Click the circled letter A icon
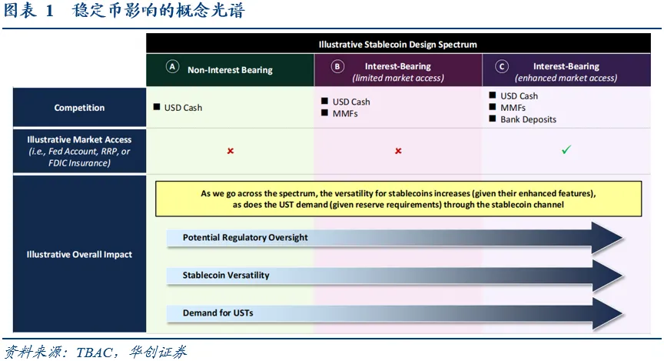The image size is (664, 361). point(172,67)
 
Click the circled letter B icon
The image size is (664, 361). point(337,67)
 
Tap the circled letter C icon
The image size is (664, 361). point(502,67)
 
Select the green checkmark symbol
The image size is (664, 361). point(566,150)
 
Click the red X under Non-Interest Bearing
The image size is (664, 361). point(231,151)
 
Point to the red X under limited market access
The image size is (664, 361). point(398,151)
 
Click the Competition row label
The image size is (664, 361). point(79,108)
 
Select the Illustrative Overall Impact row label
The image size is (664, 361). point(79,254)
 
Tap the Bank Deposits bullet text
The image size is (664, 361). point(528,119)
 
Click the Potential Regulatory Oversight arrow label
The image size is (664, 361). point(245,237)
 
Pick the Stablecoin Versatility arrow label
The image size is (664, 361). point(226,275)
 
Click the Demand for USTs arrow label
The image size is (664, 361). point(217,313)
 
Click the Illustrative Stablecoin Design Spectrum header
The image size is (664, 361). point(397,45)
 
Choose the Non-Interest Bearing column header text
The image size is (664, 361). point(230,70)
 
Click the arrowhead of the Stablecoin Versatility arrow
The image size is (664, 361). point(607,276)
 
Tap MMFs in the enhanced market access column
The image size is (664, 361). point(513,108)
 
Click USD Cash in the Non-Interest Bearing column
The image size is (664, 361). point(183,108)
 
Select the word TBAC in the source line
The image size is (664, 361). point(94,352)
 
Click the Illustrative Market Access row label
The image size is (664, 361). point(79,151)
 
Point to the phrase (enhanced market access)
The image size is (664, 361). point(566,78)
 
